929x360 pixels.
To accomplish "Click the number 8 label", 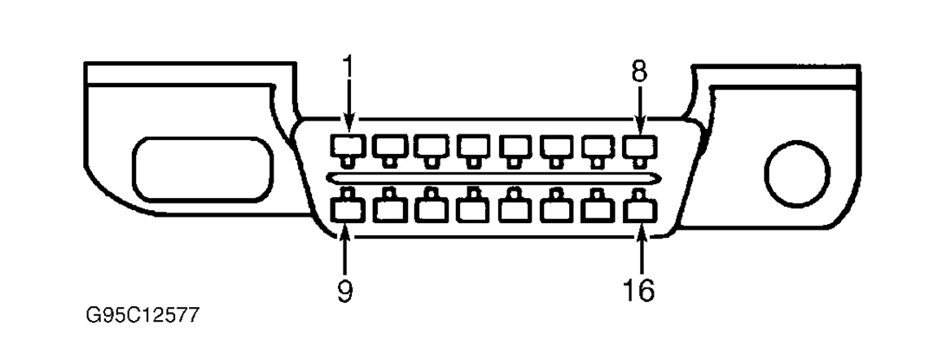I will [640, 72].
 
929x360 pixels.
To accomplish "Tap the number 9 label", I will [345, 291].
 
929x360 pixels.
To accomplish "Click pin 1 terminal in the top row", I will [345, 147].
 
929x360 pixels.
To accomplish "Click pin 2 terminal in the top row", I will [387, 147].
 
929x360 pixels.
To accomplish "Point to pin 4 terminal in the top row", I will [470, 147].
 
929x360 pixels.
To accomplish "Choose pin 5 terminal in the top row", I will [512, 147].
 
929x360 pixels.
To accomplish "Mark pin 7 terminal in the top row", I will [595, 147].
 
